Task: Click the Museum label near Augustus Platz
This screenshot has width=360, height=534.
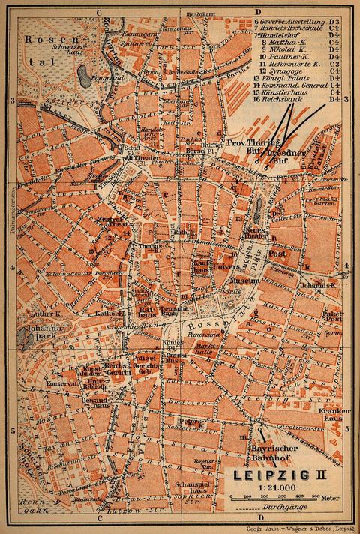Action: pos(244,280)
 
